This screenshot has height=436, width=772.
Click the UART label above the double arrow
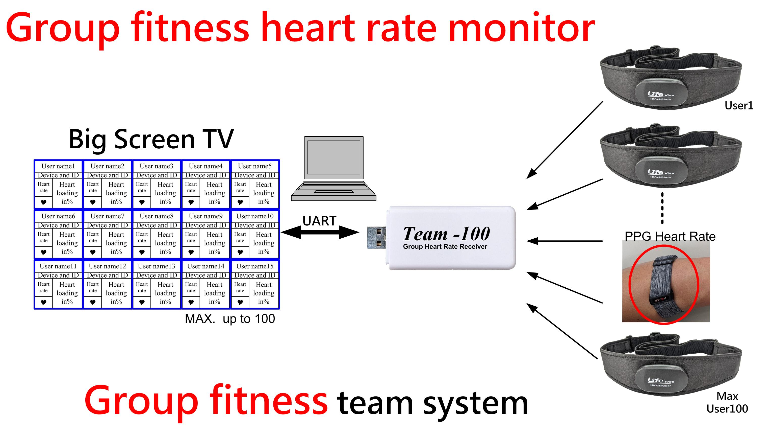point(319,221)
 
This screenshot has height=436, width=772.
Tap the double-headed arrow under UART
point(320,232)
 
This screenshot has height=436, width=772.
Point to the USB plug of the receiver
point(376,238)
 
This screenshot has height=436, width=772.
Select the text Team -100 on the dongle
point(446,234)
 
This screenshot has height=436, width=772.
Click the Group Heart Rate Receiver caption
point(445,247)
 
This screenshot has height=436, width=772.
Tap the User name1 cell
point(58,166)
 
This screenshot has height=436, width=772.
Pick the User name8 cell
point(157,216)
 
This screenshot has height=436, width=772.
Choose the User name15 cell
point(255,266)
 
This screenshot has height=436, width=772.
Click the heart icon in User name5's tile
point(240,202)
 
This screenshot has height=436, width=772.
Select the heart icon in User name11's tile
point(44,302)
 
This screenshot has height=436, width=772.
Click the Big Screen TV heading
point(151,139)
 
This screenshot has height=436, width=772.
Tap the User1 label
point(739,106)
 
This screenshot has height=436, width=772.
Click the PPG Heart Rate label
point(670,237)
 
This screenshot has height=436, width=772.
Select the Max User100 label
point(727,403)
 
